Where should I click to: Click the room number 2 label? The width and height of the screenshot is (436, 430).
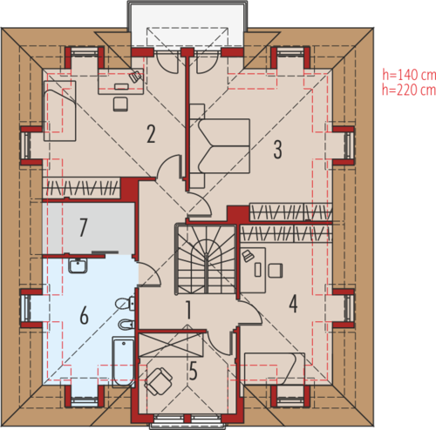(x=151, y=134)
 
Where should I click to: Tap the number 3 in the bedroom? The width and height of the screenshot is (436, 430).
(x=278, y=150)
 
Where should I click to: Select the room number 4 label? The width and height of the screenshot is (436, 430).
(x=293, y=304)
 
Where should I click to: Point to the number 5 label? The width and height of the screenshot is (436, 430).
(x=193, y=371)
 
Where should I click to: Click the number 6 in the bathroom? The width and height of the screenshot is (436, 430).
(x=84, y=315)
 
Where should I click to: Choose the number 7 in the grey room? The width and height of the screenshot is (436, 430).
(x=83, y=227)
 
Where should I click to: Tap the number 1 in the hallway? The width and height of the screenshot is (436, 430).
(x=188, y=310)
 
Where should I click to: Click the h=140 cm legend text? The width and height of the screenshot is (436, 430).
(x=409, y=75)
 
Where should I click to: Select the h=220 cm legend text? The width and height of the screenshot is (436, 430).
(x=409, y=90)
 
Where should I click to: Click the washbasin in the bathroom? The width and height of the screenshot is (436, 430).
(x=78, y=265)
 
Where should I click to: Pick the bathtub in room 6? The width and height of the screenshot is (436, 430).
(x=123, y=362)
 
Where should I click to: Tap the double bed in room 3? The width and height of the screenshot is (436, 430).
(x=224, y=146)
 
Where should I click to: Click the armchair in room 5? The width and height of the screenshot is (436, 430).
(x=159, y=381)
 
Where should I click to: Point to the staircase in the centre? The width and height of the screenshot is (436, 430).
(x=206, y=259)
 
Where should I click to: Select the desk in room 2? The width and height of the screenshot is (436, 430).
(x=121, y=81)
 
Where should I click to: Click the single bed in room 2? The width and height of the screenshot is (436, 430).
(x=60, y=111)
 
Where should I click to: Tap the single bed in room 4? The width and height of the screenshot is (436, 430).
(x=275, y=369)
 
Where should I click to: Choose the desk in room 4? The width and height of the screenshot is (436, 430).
(x=253, y=270)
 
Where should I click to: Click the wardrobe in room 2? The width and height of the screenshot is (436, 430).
(x=81, y=188)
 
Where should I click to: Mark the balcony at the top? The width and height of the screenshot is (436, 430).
(x=187, y=24)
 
